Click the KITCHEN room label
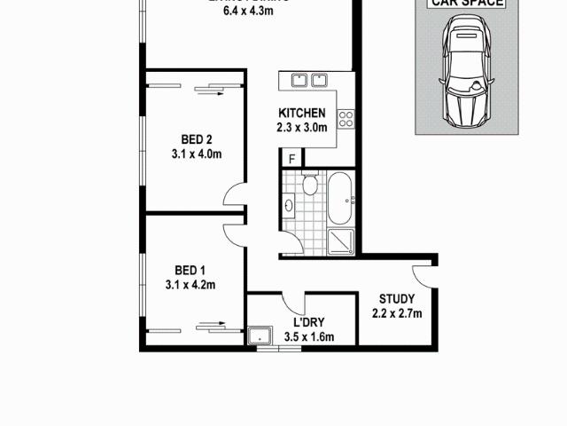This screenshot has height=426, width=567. click(x=302, y=114)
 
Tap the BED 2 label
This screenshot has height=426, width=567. click(x=196, y=139)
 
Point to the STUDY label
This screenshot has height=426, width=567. click(x=396, y=298)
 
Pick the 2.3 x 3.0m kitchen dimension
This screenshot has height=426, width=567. click(x=303, y=128)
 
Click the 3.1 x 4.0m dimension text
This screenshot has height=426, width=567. click(x=196, y=154)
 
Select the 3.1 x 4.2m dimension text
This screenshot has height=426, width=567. click(x=190, y=285)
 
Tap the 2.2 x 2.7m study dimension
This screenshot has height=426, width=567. click(x=396, y=312)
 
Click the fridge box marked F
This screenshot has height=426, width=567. click(x=291, y=159)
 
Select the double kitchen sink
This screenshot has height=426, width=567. click(x=308, y=81)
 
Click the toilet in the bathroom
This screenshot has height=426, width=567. click(x=309, y=185)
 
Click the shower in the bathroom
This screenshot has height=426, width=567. click(x=341, y=240)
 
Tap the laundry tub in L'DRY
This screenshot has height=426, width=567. click(x=260, y=336)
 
